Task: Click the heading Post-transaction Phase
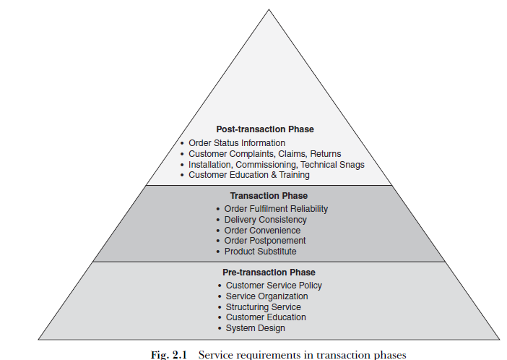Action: pos(265,129)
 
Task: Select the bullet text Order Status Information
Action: pos(237,143)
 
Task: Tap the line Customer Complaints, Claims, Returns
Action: pos(264,154)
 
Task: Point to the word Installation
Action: pos(212,165)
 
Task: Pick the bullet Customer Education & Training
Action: pos(249,175)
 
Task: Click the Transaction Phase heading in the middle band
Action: pos(269,196)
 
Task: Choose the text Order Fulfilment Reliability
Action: pos(276,209)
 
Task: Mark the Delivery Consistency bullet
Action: pos(265,220)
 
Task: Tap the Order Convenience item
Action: pos(262,231)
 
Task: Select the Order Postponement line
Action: pos(265,241)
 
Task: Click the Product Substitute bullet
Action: pos(260,252)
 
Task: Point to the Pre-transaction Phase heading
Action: pos(269,273)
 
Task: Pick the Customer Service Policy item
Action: pos(274,286)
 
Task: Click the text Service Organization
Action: pos(266,296)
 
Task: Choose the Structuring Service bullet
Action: pos(263,307)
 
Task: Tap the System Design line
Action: pos(255,328)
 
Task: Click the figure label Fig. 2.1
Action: pos(169,354)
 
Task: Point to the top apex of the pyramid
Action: pos(269,10)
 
